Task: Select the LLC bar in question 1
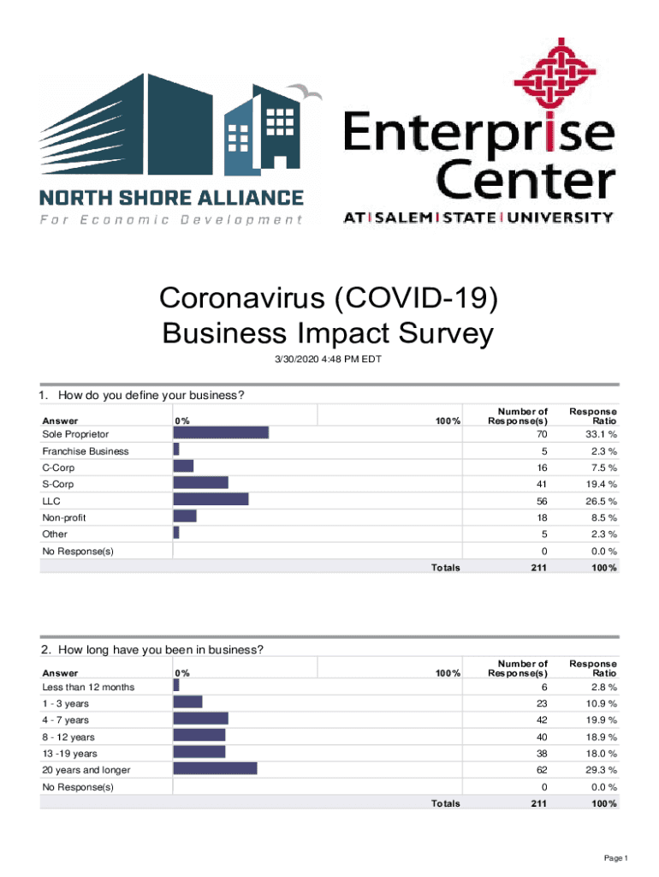pos(211,500)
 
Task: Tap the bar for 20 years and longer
pos(215,769)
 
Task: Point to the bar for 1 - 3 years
pos(187,702)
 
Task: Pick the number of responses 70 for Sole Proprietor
pos(539,434)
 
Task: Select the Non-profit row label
pos(64,517)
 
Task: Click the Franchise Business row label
pos(86,450)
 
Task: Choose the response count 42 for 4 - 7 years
pos(539,719)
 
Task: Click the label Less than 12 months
pos(88,686)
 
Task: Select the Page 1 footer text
pos(615,857)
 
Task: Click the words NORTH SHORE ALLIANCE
pos(172,198)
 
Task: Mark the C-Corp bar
pos(183,467)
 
